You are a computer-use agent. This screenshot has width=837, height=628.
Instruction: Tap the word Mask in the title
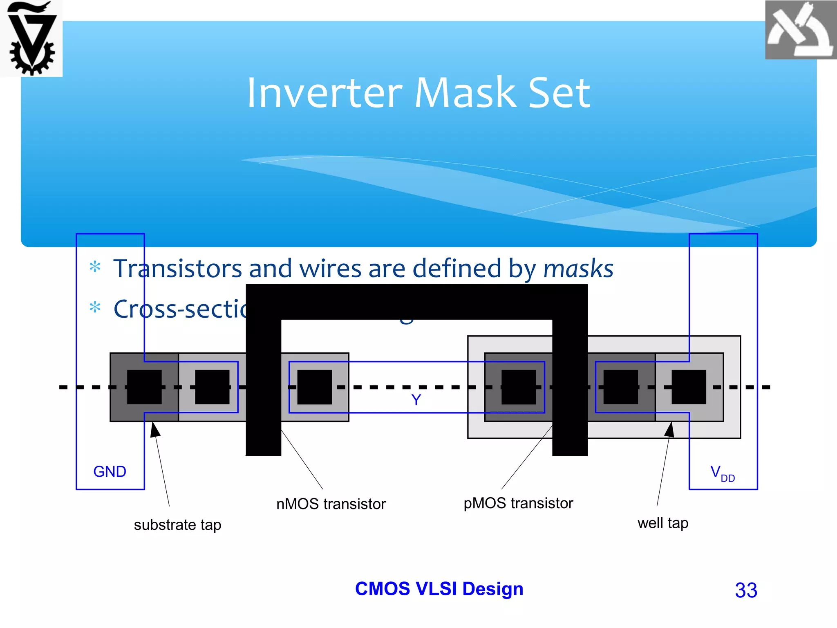[465, 93]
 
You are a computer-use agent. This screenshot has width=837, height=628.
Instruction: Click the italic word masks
[578, 269]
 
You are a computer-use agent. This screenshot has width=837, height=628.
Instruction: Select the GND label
[110, 472]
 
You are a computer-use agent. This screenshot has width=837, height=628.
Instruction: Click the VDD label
[722, 473]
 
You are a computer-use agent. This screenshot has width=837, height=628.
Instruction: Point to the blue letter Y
[416, 400]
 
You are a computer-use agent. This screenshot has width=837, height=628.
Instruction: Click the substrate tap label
[177, 525]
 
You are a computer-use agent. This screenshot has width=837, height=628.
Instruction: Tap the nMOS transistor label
[331, 504]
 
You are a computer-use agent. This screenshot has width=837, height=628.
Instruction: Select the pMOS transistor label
[518, 503]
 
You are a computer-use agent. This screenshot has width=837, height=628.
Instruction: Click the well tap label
[662, 523]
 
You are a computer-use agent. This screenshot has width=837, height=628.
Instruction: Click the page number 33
[746, 590]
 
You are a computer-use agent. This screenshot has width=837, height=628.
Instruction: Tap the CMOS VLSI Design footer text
[439, 589]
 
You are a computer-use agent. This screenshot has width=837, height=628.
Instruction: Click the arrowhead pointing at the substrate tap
[155, 430]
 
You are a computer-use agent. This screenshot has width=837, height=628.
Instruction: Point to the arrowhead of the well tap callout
[669, 430]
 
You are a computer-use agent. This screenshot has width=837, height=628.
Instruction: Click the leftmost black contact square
[144, 387]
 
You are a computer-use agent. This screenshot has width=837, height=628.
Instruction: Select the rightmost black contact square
[689, 387]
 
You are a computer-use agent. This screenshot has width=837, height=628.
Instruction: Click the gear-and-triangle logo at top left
[31, 38]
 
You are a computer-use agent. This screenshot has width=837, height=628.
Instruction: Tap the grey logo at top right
[800, 30]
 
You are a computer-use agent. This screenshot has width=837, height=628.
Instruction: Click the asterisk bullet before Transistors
[95, 267]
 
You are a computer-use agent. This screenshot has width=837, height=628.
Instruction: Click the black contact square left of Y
[314, 387]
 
